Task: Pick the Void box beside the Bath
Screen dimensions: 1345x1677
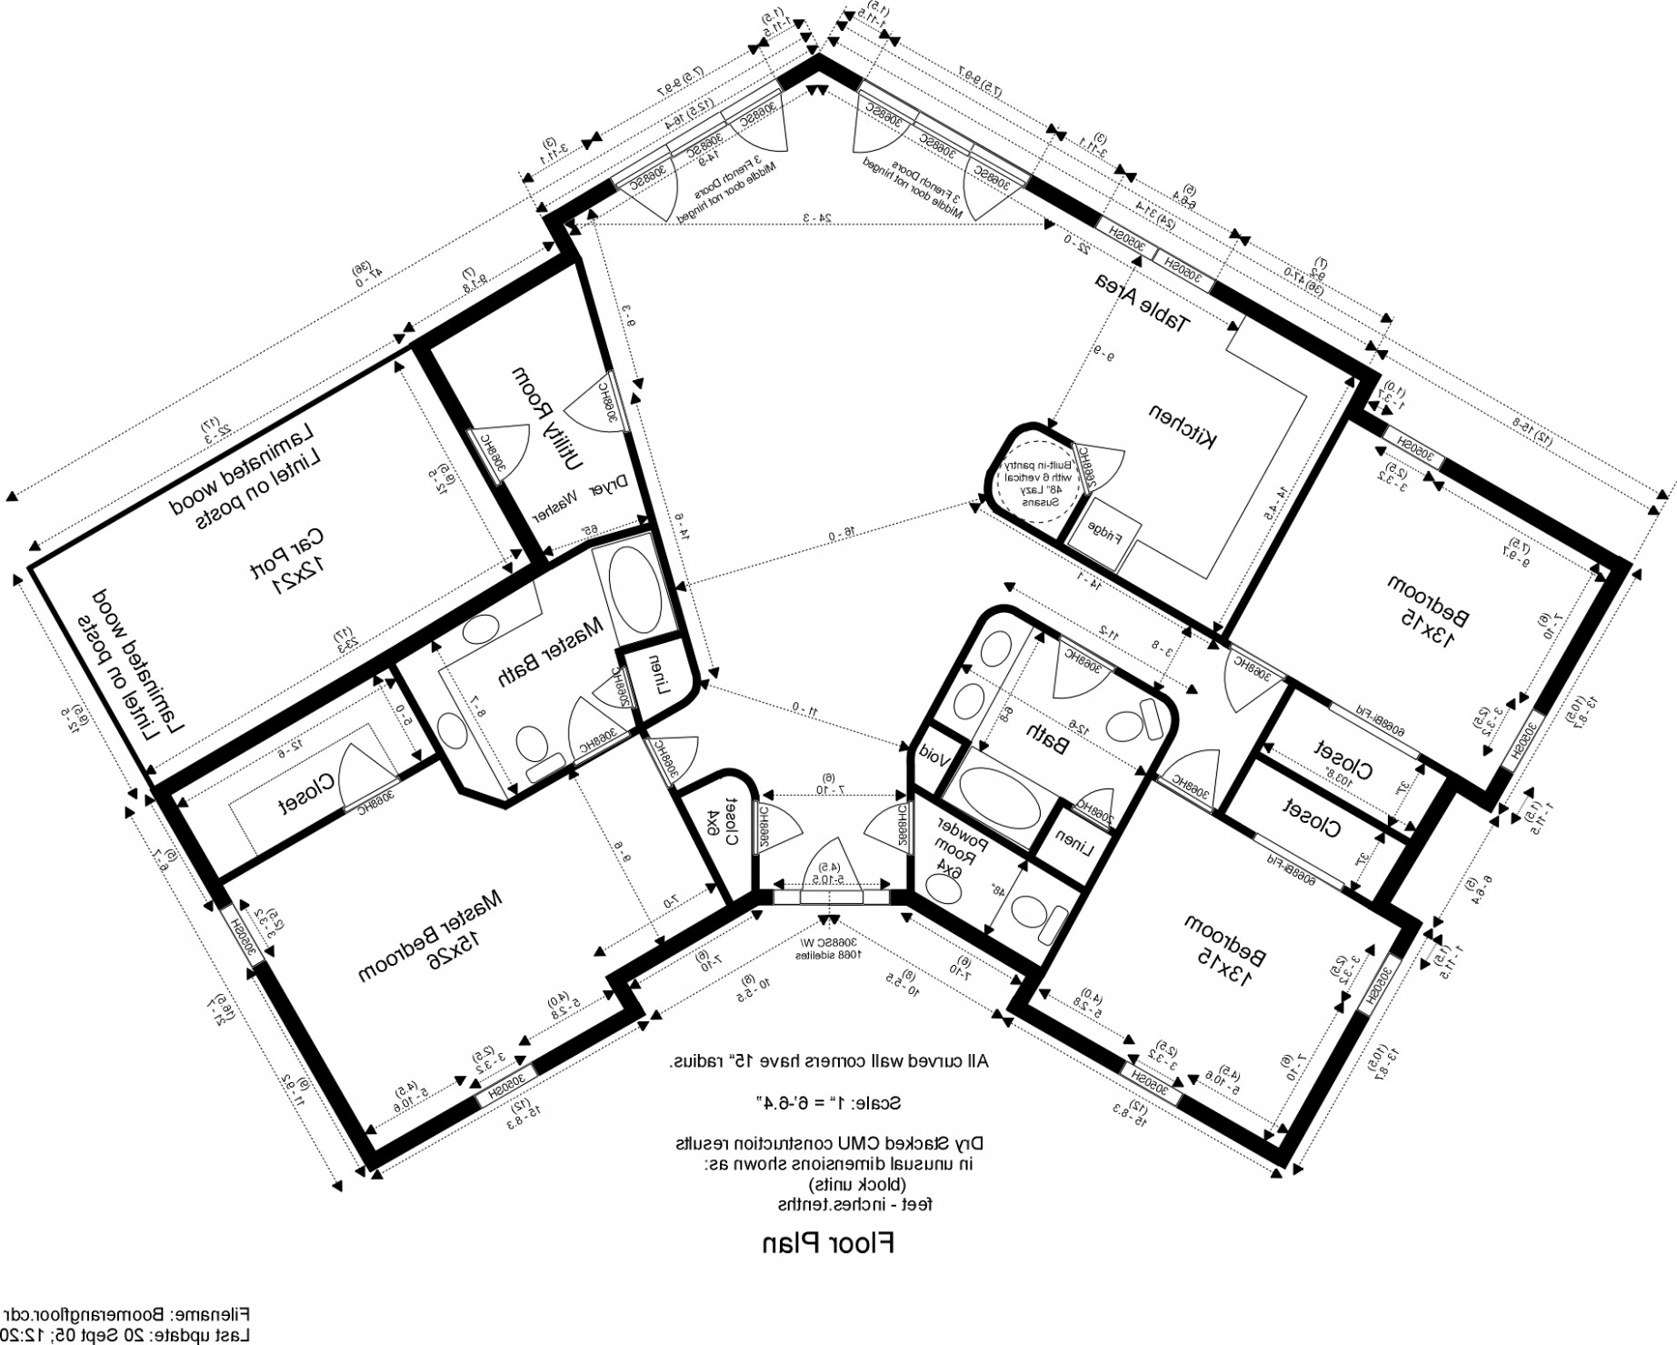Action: (931, 752)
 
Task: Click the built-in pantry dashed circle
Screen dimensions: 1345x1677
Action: (1033, 483)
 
